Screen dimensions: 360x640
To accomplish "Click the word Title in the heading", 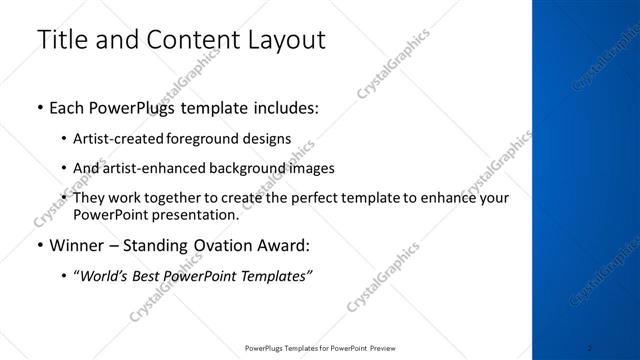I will tap(61, 40).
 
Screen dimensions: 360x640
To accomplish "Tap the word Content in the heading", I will tap(190, 41).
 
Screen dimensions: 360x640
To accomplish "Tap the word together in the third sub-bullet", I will tap(184, 198).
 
